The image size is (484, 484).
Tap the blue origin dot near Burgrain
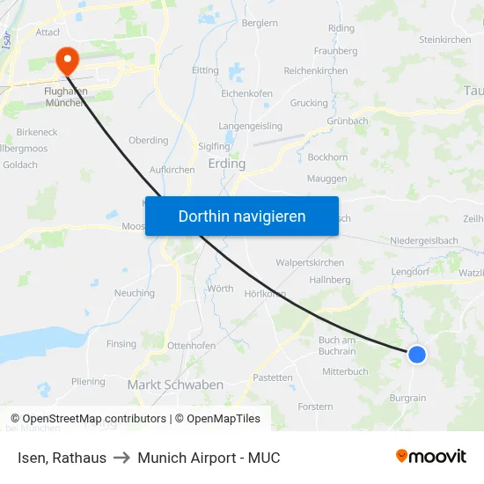(x=417, y=354)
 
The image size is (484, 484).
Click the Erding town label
(x=226, y=164)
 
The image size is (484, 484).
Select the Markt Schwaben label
(x=175, y=385)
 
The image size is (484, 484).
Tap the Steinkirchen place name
(x=444, y=40)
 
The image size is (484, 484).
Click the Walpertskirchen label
(x=310, y=262)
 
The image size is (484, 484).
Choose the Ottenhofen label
(x=191, y=346)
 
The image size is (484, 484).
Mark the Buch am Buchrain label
(x=337, y=346)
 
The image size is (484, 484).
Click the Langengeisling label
(x=251, y=126)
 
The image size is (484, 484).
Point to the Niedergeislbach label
(x=424, y=240)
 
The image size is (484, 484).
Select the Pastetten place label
(x=273, y=378)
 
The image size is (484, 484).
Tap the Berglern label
(x=260, y=23)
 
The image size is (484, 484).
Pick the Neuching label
(x=135, y=293)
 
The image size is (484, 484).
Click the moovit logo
(x=431, y=456)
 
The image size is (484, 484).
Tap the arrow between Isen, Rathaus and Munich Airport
(x=122, y=458)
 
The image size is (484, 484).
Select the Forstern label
(x=316, y=407)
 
